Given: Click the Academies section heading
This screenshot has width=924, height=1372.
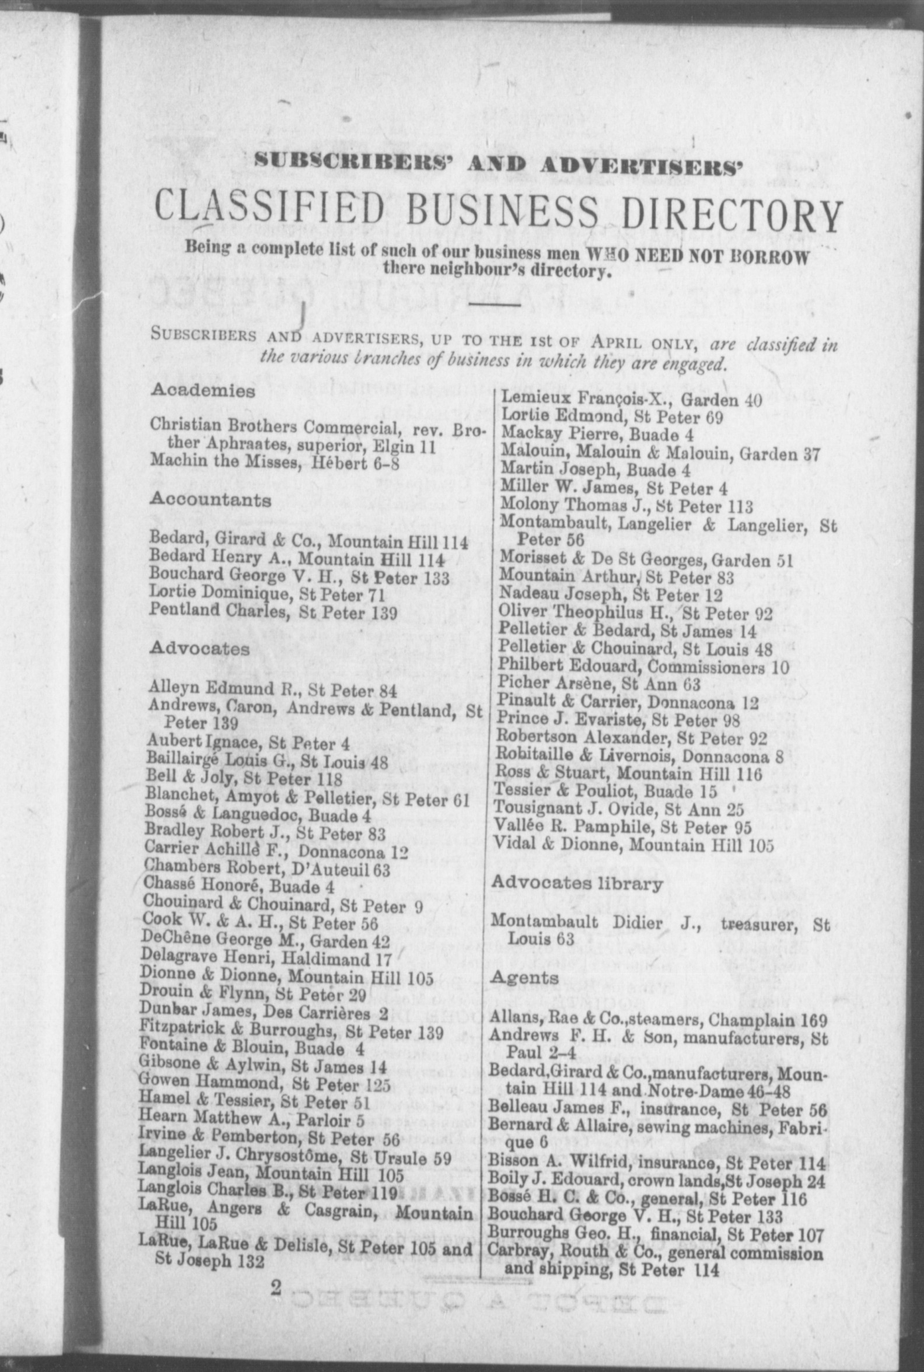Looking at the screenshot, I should click(203, 391).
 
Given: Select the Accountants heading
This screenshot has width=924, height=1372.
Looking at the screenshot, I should click(211, 501).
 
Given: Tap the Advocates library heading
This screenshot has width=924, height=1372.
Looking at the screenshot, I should click(576, 883).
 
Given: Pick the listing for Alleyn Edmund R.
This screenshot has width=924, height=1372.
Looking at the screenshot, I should click(273, 689).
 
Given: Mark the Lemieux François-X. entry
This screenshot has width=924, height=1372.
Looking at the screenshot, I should click(631, 400).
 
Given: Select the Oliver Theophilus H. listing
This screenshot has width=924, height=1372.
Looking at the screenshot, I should click(635, 614).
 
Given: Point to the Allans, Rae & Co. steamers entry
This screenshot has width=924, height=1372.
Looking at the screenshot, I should click(657, 1020).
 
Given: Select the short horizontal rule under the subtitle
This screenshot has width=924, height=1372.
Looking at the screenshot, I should click(494, 304).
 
